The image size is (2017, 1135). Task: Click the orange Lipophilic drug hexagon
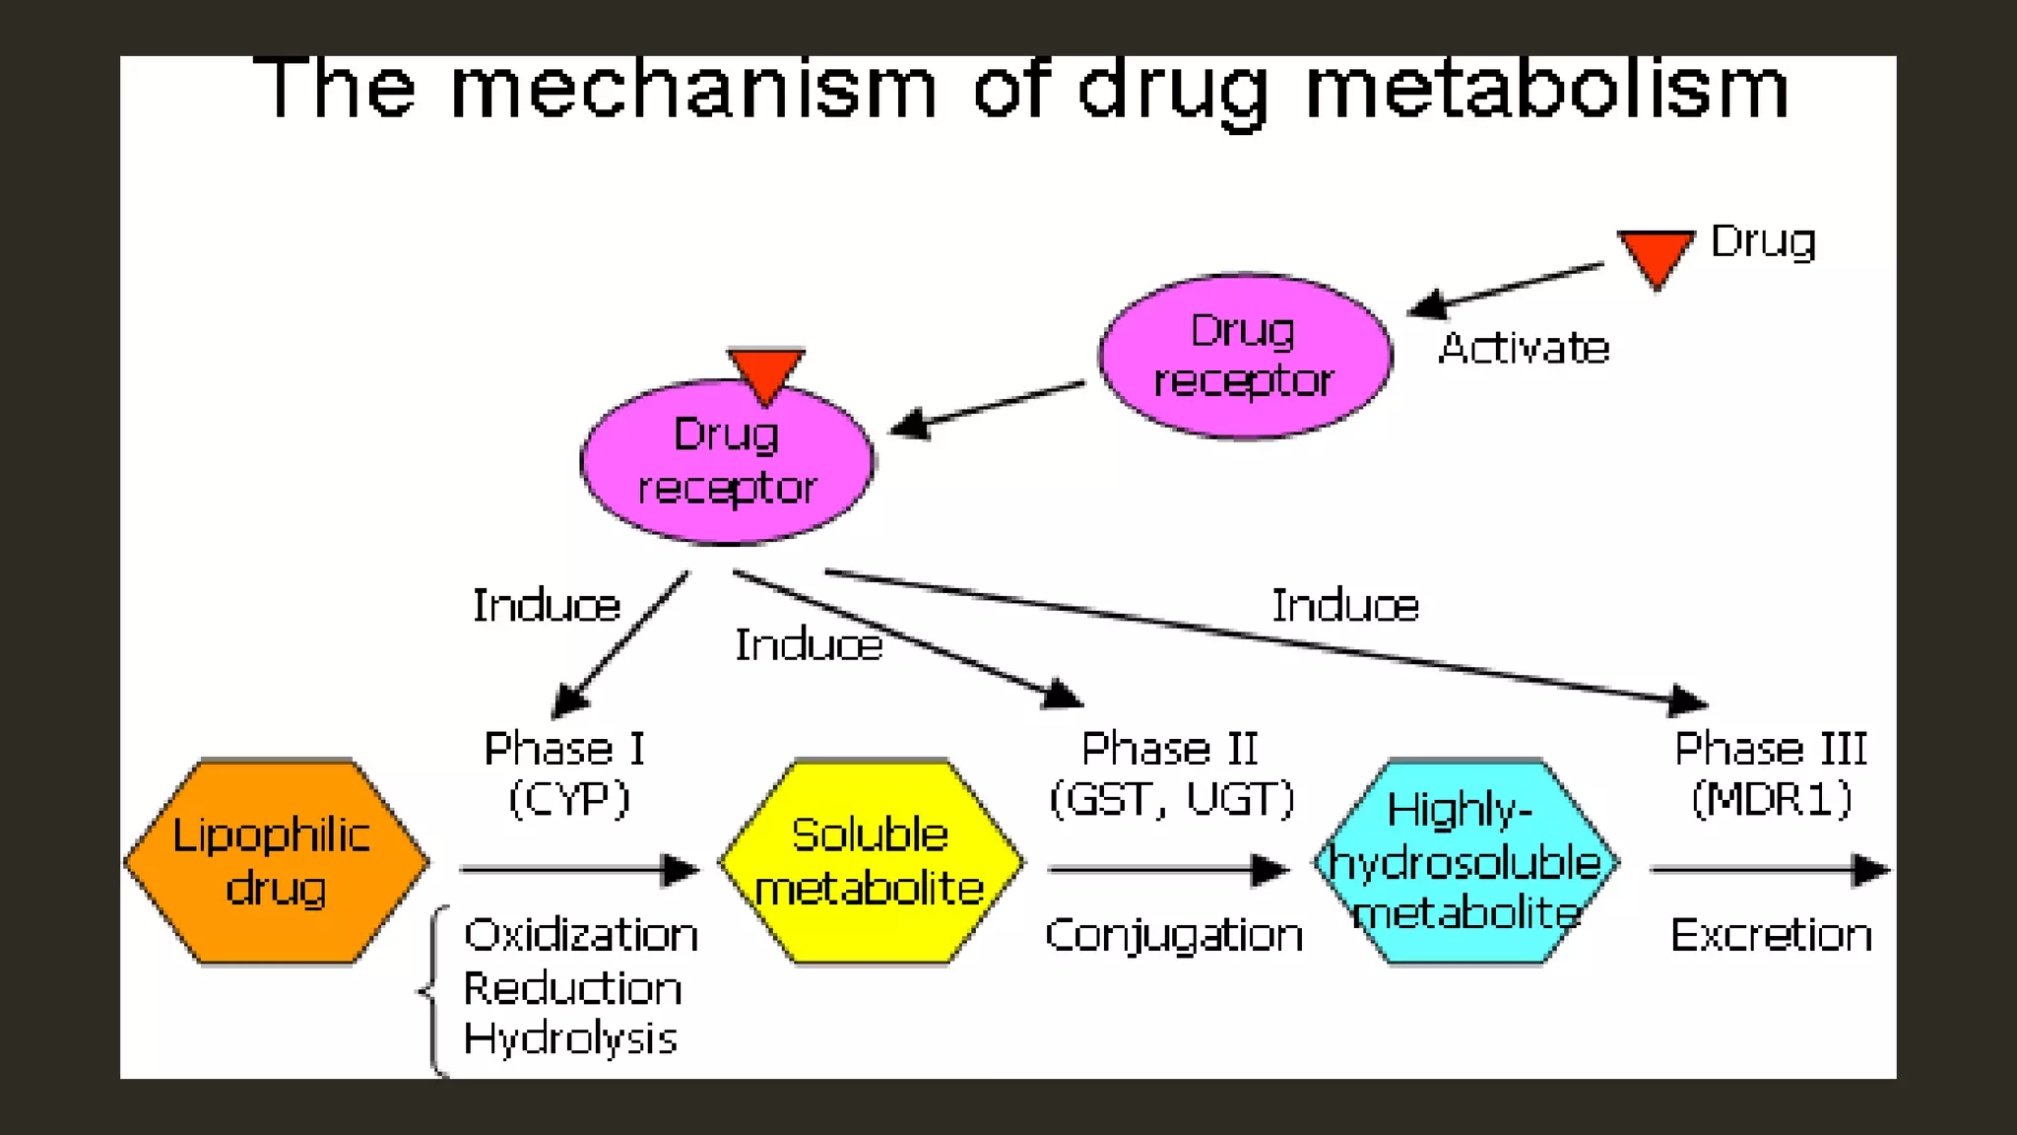pyautogui.click(x=276, y=862)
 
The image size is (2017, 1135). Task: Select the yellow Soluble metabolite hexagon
pyautogui.click(x=871, y=862)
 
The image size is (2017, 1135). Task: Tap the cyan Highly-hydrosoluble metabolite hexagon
pyautogui.click(x=1465, y=862)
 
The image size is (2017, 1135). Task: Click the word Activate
pyautogui.click(x=1523, y=348)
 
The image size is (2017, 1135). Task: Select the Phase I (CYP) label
pyautogui.click(x=567, y=773)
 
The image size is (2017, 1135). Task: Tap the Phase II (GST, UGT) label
pyautogui.click(x=1171, y=773)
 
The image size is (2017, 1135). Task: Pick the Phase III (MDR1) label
pyautogui.click(x=1771, y=773)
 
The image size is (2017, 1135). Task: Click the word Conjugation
pyautogui.click(x=1173, y=934)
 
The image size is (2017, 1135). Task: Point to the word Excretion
pyautogui.click(x=1771, y=934)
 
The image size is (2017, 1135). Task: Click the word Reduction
pyautogui.click(x=572, y=988)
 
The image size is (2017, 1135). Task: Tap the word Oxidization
pyautogui.click(x=581, y=934)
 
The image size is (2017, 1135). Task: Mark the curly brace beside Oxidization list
pyautogui.click(x=433, y=990)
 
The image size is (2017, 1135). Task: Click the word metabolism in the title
pyautogui.click(x=1546, y=89)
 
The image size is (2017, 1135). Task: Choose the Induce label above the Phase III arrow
pyautogui.click(x=1344, y=605)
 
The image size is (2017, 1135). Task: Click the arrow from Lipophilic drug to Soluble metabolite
pyautogui.click(x=579, y=869)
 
